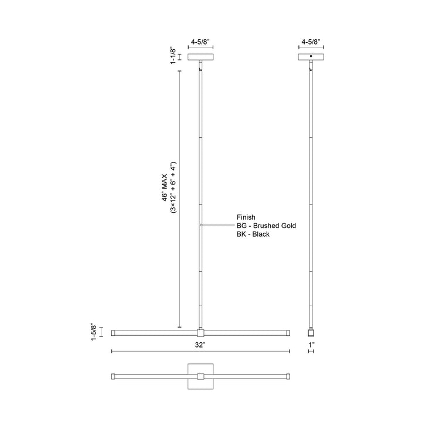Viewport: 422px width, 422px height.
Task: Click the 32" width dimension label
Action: (x=200, y=346)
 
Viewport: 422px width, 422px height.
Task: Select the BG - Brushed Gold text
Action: (x=267, y=225)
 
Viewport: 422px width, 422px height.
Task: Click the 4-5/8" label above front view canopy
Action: (x=200, y=42)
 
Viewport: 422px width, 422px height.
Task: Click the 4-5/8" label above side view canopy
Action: (x=311, y=42)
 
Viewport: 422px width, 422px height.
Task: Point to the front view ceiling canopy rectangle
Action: (x=200, y=57)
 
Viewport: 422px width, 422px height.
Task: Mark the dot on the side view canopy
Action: (x=311, y=56)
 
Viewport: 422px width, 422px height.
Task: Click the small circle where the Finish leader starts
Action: (x=201, y=225)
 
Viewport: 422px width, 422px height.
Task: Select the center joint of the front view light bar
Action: (x=200, y=332)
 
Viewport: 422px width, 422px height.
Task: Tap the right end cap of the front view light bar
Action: (x=288, y=332)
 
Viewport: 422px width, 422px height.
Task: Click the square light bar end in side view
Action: (x=311, y=332)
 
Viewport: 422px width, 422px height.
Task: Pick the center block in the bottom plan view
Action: (x=200, y=376)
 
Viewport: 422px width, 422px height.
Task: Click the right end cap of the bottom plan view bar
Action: (x=288, y=376)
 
